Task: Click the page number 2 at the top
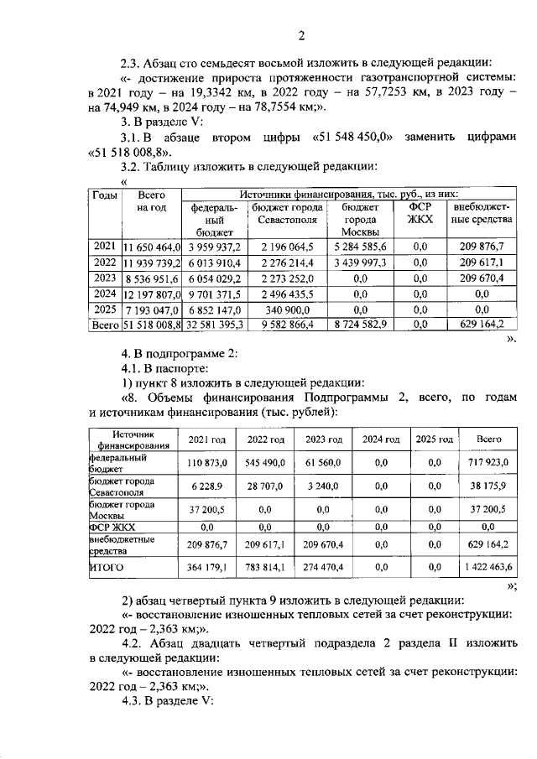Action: [300, 34]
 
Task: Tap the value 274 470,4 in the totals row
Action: [322, 568]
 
